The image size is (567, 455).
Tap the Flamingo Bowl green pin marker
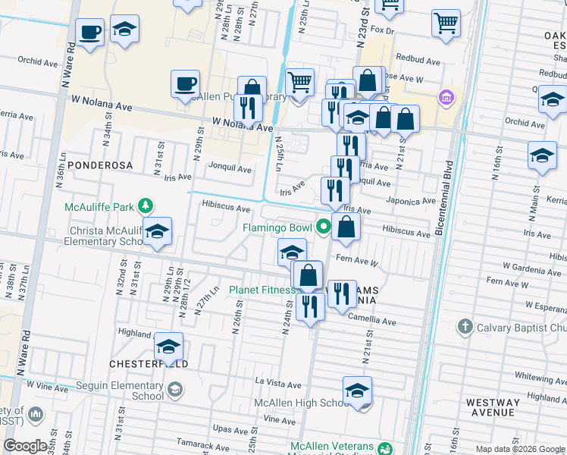pyautogui.click(x=324, y=227)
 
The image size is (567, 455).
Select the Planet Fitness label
pyautogui.click(x=262, y=290)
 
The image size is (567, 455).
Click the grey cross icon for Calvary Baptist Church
pyautogui.click(x=465, y=327)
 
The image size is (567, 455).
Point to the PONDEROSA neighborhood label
pyautogui.click(x=100, y=165)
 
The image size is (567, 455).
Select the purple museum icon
pyautogui.click(x=446, y=99)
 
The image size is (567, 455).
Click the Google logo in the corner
pyautogui.click(x=25, y=446)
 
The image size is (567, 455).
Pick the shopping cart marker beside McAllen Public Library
pyautogui.click(x=300, y=80)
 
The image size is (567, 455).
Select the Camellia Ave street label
pyautogui.click(x=378, y=322)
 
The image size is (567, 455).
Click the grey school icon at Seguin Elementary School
pyautogui.click(x=175, y=390)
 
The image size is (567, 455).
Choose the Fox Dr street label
pyautogui.click(x=383, y=31)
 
